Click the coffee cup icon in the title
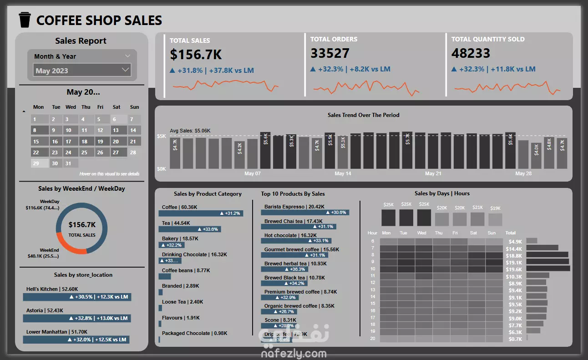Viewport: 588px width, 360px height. (25, 20)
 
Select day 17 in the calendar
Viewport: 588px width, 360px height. (69, 142)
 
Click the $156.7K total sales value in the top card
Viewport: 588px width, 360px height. (196, 55)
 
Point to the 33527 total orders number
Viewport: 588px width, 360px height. (330, 53)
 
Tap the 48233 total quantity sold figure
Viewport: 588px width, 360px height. (471, 53)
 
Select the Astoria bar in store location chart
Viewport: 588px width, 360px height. (77, 318)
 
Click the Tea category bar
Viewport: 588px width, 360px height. (190, 229)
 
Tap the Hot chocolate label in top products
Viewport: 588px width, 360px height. (280, 235)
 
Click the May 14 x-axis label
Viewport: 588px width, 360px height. (343, 174)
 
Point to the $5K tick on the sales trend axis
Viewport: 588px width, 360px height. (162, 136)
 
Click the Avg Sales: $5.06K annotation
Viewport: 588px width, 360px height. (190, 131)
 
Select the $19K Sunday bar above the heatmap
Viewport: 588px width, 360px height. (495, 219)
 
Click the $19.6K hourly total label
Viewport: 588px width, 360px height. (514, 269)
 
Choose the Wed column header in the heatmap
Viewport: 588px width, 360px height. (422, 233)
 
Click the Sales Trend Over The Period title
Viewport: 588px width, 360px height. (363, 115)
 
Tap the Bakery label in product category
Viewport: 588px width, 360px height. (170, 238)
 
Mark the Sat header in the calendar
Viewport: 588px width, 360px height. (117, 107)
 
